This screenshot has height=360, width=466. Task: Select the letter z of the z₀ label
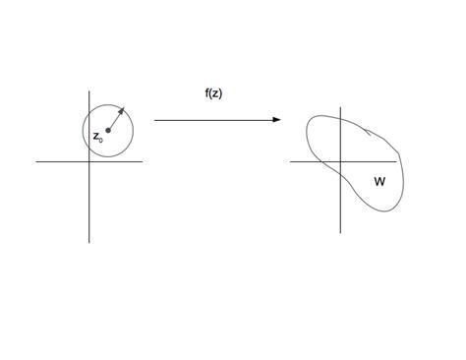(x=95, y=137)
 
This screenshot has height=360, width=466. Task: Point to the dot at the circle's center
(x=108, y=131)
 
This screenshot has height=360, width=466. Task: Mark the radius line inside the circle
(x=114, y=121)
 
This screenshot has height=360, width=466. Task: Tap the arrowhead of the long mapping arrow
(x=278, y=120)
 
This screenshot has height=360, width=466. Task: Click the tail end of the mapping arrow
(x=155, y=120)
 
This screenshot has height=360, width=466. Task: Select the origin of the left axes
(x=89, y=161)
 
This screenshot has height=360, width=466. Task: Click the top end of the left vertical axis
(x=89, y=90)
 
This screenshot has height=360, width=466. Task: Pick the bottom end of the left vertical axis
(x=89, y=242)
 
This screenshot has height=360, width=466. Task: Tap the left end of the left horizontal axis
(x=37, y=161)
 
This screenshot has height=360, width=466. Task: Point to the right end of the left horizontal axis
(x=143, y=161)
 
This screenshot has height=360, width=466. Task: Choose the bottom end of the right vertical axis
(x=340, y=232)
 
